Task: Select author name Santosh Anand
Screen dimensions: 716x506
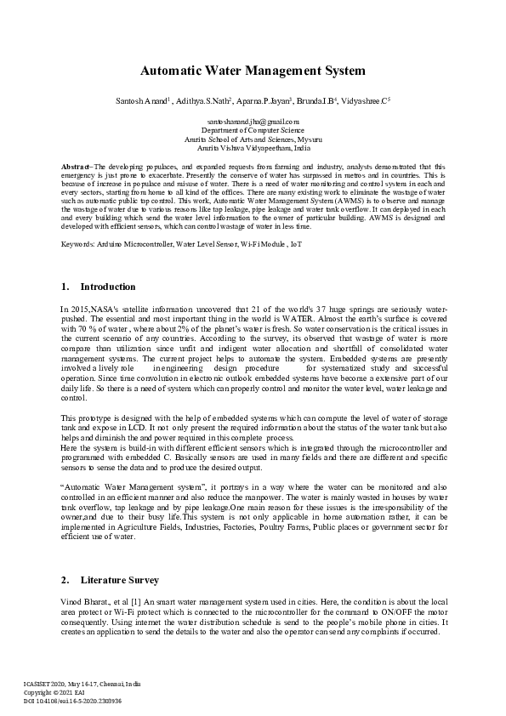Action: [140, 101]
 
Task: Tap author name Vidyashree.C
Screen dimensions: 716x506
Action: [364, 101]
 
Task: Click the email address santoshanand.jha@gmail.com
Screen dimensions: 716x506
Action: [253, 122]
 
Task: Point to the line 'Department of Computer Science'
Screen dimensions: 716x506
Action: [253, 130]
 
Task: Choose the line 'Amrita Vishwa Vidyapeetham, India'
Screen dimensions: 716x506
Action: [253, 146]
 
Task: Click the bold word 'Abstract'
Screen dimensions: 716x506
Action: [77, 167]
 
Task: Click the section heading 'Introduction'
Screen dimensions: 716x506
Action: [108, 287]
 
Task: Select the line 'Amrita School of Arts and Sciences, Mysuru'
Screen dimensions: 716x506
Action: [253, 139]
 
